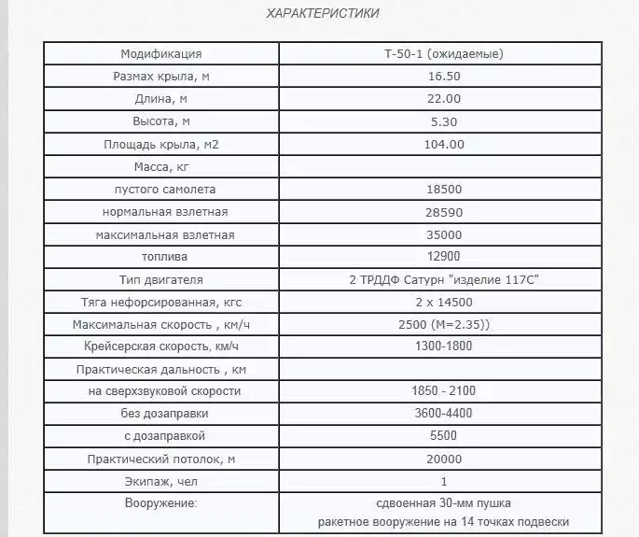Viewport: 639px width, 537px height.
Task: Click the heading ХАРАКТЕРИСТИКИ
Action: pos(323,13)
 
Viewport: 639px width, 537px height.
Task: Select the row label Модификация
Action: pos(160,54)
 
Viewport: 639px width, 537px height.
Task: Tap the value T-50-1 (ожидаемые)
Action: pos(444,54)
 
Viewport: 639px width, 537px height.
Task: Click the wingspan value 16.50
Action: pos(444,77)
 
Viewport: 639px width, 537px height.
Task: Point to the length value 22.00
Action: pos(444,99)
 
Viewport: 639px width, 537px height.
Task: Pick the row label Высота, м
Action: pos(160,121)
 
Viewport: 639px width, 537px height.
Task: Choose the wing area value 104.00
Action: pos(444,144)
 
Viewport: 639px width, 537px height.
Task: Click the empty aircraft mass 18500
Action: pos(444,190)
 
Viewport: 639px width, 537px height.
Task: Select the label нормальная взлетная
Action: pos(160,212)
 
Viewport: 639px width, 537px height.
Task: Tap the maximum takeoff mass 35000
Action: pos(444,234)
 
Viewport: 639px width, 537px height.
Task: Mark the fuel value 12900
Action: pos(444,257)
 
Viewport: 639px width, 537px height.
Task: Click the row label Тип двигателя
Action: pos(160,279)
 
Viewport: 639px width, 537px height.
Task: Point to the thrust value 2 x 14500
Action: pos(444,302)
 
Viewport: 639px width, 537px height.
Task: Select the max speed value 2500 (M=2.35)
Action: pos(444,324)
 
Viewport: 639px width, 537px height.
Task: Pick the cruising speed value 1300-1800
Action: pos(444,346)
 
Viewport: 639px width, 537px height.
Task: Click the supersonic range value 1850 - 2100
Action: pos(444,391)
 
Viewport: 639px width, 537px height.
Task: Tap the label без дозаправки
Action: pos(160,414)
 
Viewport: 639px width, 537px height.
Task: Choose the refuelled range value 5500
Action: pos(444,436)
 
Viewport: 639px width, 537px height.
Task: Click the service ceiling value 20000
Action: pos(444,459)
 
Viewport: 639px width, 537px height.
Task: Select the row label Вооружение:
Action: pos(160,503)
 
